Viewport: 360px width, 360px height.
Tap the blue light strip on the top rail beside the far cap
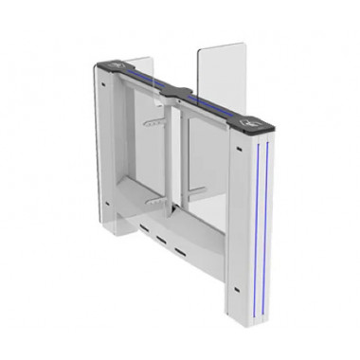pos(142,78)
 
